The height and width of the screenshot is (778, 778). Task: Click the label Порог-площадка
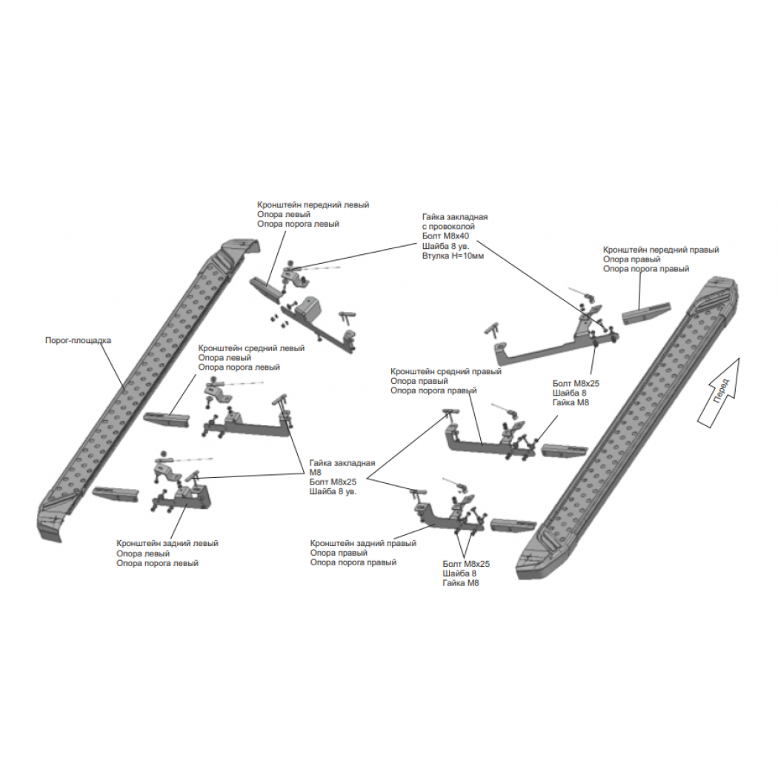78,340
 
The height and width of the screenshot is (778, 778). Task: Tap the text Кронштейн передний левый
313,205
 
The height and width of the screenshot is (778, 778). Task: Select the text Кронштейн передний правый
661,250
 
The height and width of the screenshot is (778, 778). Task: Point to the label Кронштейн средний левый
251,348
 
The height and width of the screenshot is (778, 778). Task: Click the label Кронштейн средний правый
445,372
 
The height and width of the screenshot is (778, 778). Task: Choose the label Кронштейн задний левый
167,543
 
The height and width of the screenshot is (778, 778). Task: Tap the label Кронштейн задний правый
363,543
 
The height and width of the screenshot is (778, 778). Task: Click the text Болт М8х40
445,236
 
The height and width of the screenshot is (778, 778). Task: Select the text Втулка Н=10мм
453,256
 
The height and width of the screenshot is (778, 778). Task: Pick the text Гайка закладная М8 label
342,468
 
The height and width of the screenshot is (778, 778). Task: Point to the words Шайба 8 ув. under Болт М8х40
445,246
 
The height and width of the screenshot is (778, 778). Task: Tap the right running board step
628,427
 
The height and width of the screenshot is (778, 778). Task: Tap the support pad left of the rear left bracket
115,494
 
